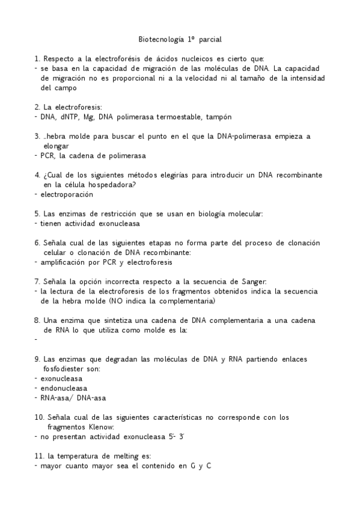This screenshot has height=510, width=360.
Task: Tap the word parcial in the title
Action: click(x=209, y=40)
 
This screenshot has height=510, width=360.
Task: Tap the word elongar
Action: click(x=56, y=146)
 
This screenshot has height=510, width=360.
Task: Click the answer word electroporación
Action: click(x=67, y=194)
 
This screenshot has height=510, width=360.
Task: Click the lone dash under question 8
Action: click(x=36, y=340)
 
